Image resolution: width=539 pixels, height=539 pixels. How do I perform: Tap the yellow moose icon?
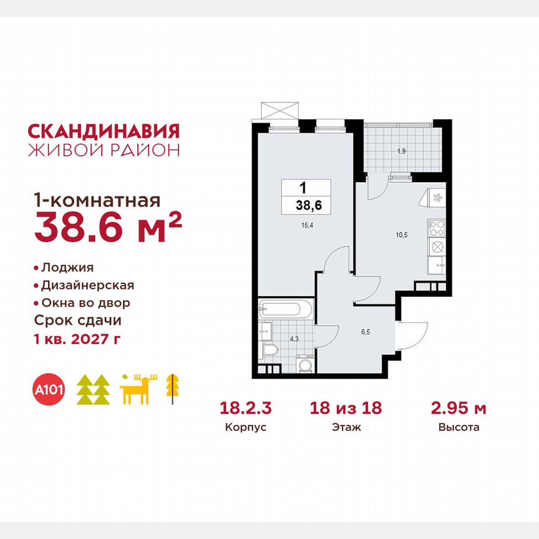(139, 389)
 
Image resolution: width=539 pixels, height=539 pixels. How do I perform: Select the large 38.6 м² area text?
(107, 226)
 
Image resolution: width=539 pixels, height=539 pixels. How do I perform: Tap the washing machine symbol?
(306, 365)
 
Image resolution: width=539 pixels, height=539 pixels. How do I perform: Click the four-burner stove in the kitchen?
(435, 226)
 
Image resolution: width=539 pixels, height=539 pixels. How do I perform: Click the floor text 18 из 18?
(345, 409)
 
